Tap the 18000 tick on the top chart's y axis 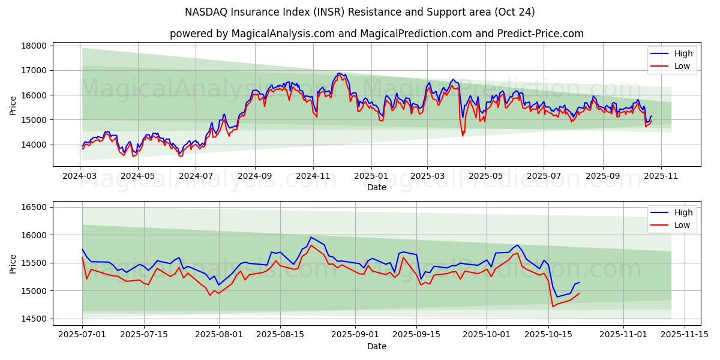34,46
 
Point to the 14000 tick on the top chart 34,145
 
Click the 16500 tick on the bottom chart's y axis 34,207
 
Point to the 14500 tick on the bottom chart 34,319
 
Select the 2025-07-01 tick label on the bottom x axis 82,334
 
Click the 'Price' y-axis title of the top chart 13,105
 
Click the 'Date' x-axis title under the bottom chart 376,346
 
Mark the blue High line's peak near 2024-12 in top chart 339,73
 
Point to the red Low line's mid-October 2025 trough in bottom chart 553,307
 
